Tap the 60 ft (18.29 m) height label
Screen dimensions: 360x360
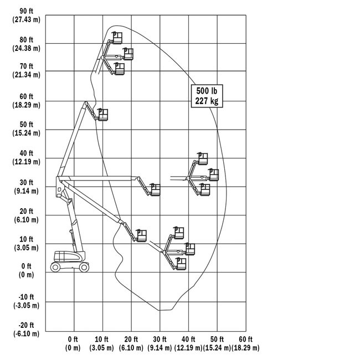click(x=26, y=101)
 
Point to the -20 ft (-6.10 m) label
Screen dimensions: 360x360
click(x=26, y=330)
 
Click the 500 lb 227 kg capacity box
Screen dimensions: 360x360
click(x=207, y=96)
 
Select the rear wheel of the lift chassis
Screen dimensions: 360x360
click(x=55, y=267)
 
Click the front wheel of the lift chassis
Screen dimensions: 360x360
click(x=84, y=267)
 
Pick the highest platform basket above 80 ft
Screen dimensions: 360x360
click(x=117, y=38)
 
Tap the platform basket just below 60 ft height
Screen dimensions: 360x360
click(x=103, y=115)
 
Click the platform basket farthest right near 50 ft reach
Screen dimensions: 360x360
click(x=214, y=174)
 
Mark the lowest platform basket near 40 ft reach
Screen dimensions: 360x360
click(x=181, y=264)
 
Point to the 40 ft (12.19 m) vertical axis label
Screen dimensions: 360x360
click(x=26, y=157)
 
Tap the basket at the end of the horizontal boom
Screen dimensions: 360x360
click(x=155, y=189)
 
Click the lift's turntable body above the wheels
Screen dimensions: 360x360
click(x=69, y=256)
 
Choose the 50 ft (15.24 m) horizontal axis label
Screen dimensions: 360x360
click(x=217, y=343)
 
